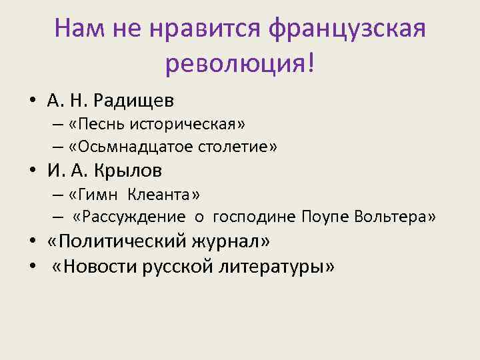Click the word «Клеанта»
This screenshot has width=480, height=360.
point(159,194)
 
